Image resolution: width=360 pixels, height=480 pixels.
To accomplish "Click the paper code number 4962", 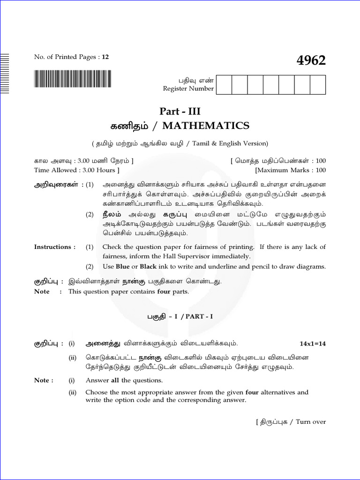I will coord(311,60).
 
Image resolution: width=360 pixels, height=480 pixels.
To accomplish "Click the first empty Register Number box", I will coord(225,84).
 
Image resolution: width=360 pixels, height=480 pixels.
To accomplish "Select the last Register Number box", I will coord(318,84).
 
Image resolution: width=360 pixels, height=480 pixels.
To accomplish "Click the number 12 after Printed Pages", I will coord(105,57).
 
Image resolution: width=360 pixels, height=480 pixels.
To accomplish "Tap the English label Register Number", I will coord(188,89).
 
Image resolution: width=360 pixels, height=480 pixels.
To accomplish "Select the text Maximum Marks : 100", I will coord(291,170).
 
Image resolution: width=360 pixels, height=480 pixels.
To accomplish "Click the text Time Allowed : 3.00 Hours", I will coord(76,170).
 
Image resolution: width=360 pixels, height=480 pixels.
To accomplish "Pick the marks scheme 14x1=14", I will coord(313,344).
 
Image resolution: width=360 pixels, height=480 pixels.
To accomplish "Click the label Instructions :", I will coord(55,247).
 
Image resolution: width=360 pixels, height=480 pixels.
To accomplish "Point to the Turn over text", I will coord(311,422).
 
